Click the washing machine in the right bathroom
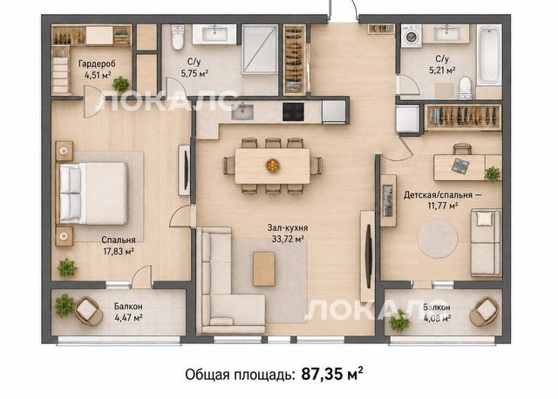411,36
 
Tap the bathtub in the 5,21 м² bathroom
488,55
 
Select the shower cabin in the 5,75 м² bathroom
260,49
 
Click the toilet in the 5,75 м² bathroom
177,37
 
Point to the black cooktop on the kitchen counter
293,112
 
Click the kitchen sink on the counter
242,112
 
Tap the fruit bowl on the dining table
273,166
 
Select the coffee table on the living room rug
264,269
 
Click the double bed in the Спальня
92,193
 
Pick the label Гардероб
97,64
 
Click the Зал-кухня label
288,227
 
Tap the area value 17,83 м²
119,252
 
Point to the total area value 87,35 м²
332,374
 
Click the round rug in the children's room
438,239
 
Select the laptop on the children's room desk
460,166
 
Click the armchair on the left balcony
89,311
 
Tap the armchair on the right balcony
484,311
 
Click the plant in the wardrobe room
120,84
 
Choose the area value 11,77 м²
442,206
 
